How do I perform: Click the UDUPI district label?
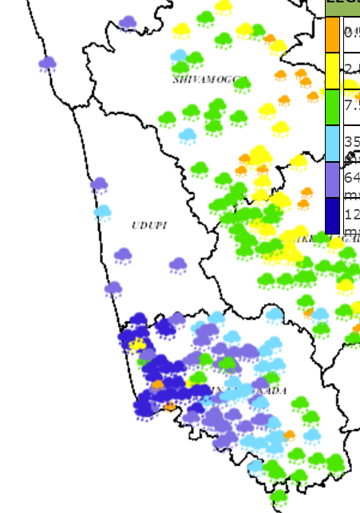pyautogui.click(x=149, y=226)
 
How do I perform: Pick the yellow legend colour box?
pyautogui.click(x=333, y=70)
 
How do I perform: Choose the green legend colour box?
pyautogui.click(x=333, y=106)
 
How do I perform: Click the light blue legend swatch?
pyautogui.click(x=333, y=144)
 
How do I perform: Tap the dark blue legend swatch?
pyautogui.click(x=333, y=215)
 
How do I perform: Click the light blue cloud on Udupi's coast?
pyautogui.click(x=102, y=212)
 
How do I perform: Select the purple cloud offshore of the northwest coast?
pyautogui.click(x=47, y=63)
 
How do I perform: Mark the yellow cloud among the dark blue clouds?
pyautogui.click(x=138, y=344)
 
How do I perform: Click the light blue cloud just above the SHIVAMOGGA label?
pyautogui.click(x=179, y=56)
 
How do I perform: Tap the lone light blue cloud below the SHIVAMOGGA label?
pyautogui.click(x=188, y=135)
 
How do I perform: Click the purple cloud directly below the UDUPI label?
pyautogui.click(x=122, y=255)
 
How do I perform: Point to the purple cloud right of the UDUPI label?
pyautogui.click(x=178, y=263)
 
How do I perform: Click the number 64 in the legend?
pyautogui.click(x=350, y=176)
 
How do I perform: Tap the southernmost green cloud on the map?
pyautogui.click(x=279, y=497)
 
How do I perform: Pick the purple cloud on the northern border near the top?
pyautogui.click(x=128, y=23)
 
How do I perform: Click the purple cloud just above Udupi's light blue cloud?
pyautogui.click(x=99, y=185)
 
